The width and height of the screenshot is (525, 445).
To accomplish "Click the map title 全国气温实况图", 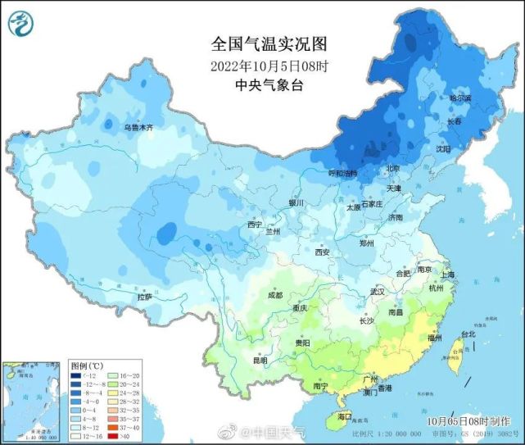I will point(257,43).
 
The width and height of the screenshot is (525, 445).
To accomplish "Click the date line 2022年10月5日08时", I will point(257,66).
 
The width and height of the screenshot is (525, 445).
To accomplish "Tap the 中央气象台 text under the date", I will point(257,84).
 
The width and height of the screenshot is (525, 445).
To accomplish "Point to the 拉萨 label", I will point(144,297).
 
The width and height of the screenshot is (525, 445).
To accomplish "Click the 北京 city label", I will point(392,169).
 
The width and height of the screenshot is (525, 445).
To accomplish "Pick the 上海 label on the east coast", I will point(447,275).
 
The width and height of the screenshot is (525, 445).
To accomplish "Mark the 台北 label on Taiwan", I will point(468,334).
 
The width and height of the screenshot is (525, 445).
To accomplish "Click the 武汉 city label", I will point(377,291).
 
